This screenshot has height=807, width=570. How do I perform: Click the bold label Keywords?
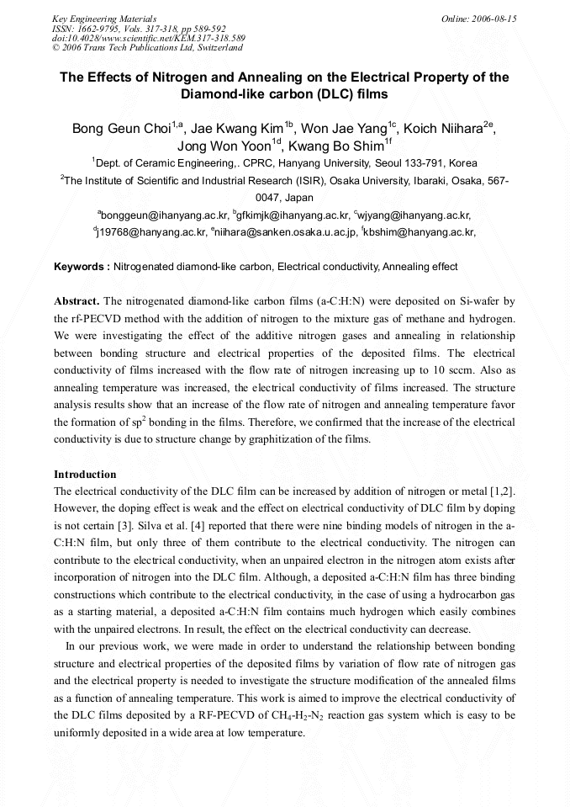tap(82, 267)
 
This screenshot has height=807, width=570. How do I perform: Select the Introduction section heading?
tap(85, 475)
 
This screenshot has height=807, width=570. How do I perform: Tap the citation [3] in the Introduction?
tap(107, 523)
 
